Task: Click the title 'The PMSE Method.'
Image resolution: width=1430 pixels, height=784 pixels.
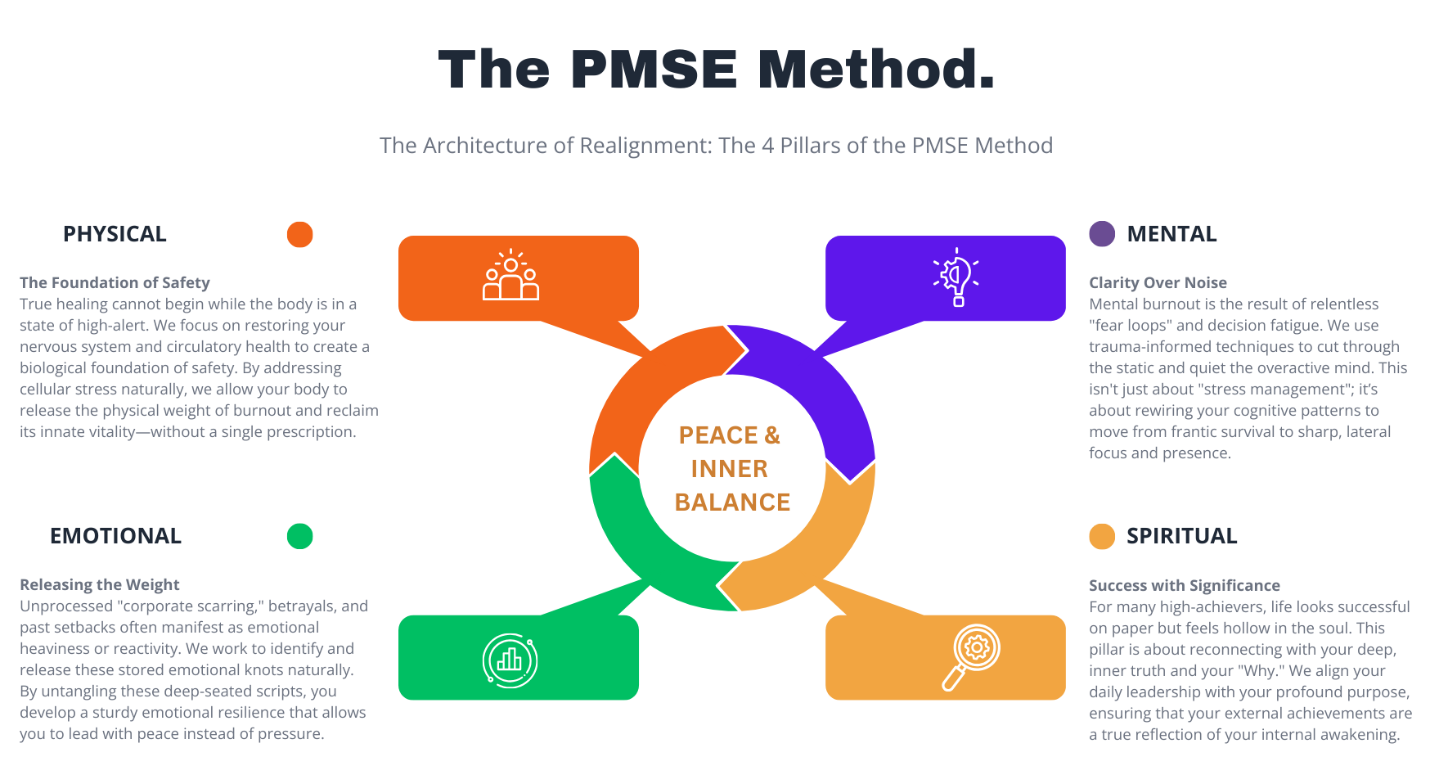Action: pos(716,69)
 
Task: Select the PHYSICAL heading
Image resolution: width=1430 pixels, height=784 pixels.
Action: pos(115,234)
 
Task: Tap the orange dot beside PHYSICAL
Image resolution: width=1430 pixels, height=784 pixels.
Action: pos(300,234)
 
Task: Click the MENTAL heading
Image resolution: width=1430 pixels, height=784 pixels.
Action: pos(1171,234)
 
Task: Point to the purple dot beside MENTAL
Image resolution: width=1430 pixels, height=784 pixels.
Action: pos(1102,234)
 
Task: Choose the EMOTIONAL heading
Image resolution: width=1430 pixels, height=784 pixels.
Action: pos(115,536)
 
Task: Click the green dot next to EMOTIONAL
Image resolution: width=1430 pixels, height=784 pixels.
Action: pos(300,536)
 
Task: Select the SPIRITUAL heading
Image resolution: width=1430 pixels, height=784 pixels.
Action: pos(1181,536)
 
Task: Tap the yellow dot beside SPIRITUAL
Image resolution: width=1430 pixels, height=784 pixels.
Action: pos(1102,536)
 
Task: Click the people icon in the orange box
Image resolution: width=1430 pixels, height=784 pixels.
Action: pos(511,276)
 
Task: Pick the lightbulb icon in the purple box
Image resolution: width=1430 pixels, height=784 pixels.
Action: pos(957,277)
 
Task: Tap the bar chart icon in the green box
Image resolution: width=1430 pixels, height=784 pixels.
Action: pos(510,660)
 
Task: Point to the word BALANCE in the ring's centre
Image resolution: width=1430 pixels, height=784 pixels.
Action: pos(732,502)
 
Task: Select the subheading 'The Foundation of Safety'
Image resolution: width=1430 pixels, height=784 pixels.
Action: pos(115,282)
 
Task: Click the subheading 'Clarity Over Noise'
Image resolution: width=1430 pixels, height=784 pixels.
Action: pos(1158,282)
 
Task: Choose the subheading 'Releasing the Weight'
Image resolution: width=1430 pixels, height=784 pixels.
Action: pos(100,584)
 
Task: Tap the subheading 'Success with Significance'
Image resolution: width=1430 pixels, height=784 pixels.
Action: pos(1184,585)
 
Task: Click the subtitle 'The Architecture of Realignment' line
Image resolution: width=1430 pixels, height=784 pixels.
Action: pos(716,146)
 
